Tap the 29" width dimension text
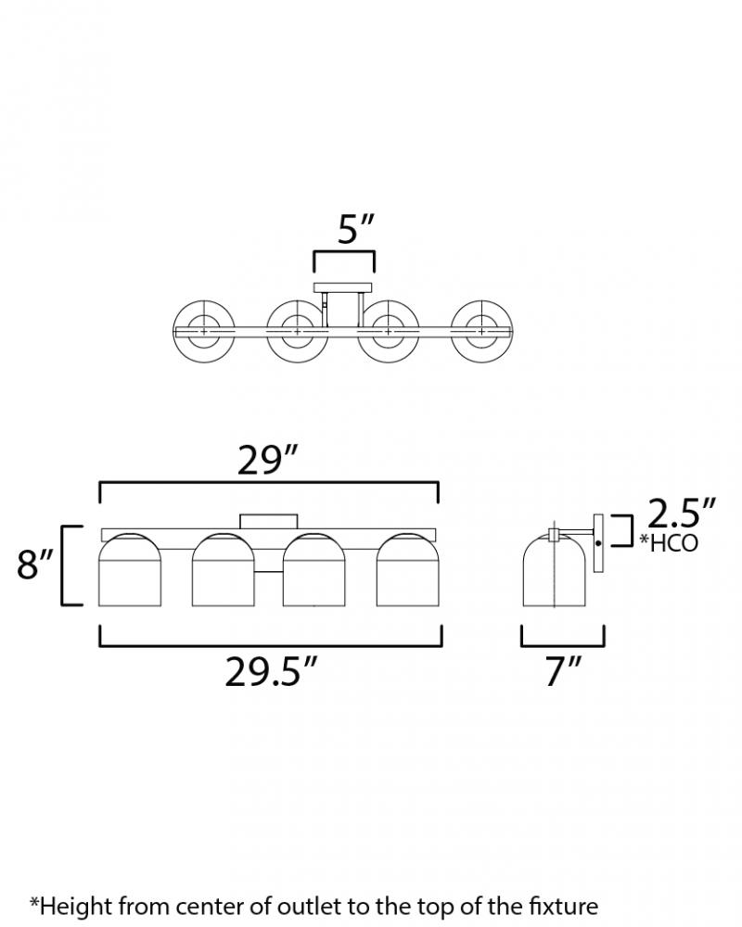coord(267,460)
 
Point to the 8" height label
coord(35,564)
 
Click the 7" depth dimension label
coord(564,671)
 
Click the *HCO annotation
coord(669,542)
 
